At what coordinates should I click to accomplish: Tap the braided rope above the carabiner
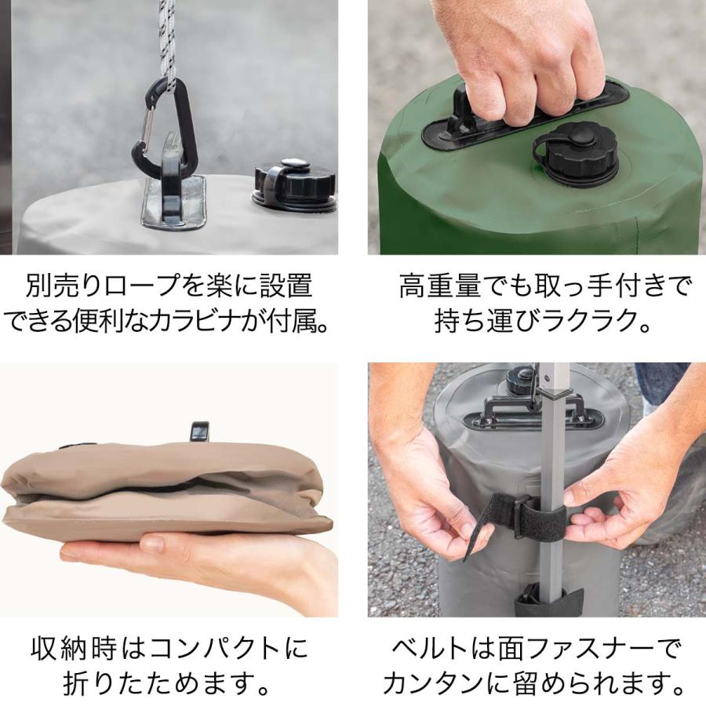(166, 35)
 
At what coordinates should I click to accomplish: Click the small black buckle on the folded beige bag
(199, 431)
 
